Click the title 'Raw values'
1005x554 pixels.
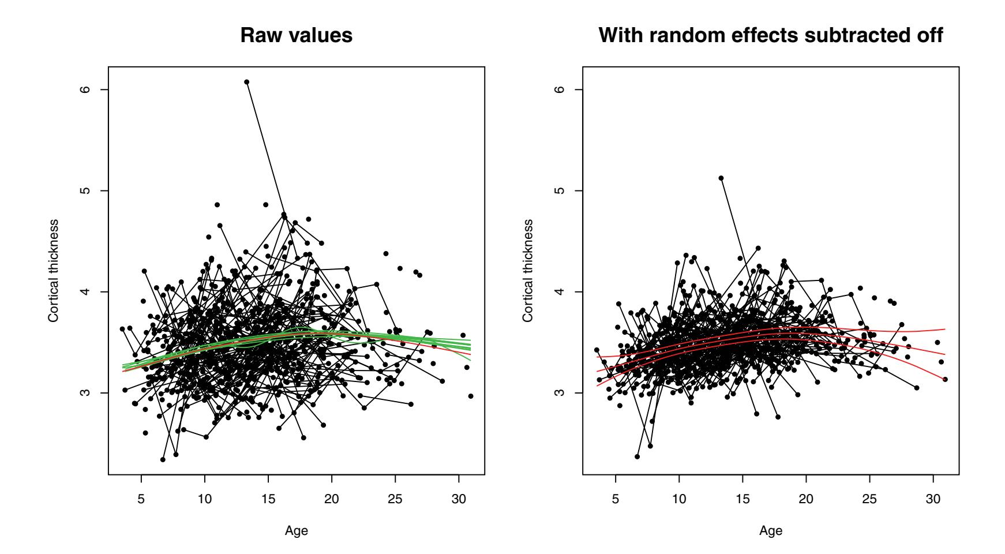pos(296,35)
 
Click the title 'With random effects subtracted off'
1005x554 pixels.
pos(771,35)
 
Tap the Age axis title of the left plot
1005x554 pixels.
pos(297,531)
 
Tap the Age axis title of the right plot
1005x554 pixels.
pos(771,531)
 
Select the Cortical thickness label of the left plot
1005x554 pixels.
pos(53,270)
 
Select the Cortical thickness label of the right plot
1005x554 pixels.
pos(527,270)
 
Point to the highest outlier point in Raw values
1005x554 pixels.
pos(246,82)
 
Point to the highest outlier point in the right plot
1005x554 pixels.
pos(721,178)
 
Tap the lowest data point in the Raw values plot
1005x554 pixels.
pos(163,459)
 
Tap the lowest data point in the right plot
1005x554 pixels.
pos(637,456)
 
